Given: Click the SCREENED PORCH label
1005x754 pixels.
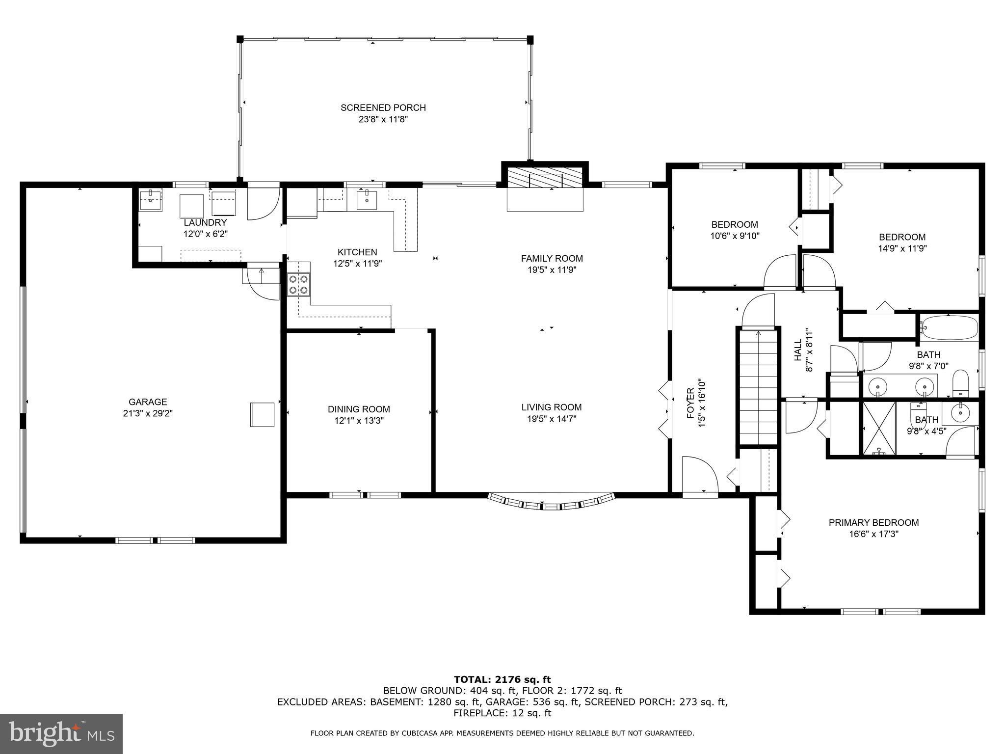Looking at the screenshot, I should coord(383,108).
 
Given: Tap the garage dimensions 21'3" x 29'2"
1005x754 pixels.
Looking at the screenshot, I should coord(148,413).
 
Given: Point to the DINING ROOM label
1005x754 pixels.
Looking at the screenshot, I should coord(359,409).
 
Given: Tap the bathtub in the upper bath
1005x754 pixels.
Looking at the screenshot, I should coord(949,327).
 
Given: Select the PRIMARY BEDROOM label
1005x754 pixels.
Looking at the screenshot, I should coord(873,523).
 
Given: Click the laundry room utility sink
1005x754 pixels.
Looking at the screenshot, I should coord(150,199).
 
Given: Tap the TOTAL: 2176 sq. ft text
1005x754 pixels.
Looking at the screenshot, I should coord(502,679).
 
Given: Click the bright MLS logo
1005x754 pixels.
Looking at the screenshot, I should coord(61,734).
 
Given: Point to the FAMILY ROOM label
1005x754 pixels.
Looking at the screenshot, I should coord(552,258).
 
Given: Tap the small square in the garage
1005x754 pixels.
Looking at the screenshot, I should coord(263,414).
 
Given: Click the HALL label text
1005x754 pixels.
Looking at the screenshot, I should coord(798,350).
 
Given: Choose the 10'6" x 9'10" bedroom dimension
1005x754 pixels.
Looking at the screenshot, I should coord(735,236).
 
